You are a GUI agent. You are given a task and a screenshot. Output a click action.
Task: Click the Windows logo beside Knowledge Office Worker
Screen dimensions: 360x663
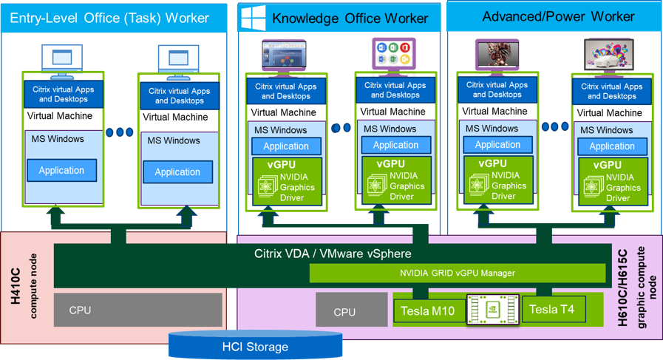pos(251,16)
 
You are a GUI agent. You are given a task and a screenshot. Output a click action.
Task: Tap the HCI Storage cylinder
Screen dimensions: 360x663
pos(255,346)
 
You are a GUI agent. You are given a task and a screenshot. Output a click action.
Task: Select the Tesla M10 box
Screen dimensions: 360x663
pos(429,310)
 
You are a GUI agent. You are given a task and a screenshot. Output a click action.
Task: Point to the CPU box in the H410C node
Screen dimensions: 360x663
pos(138,310)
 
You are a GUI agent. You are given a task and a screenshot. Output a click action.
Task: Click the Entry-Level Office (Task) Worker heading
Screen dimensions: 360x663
pos(109,16)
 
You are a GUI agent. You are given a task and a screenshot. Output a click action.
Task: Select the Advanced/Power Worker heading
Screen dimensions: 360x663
pos(558,16)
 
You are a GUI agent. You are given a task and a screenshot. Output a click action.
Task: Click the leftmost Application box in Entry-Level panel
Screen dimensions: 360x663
pos(61,171)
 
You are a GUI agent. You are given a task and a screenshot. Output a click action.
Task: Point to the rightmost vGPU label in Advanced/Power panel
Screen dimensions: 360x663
pos(607,166)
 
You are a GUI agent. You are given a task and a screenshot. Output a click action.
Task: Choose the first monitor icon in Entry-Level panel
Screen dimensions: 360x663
pos(58,56)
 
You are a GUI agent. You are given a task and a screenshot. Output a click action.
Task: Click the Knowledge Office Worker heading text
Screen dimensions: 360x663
pos(350,18)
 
